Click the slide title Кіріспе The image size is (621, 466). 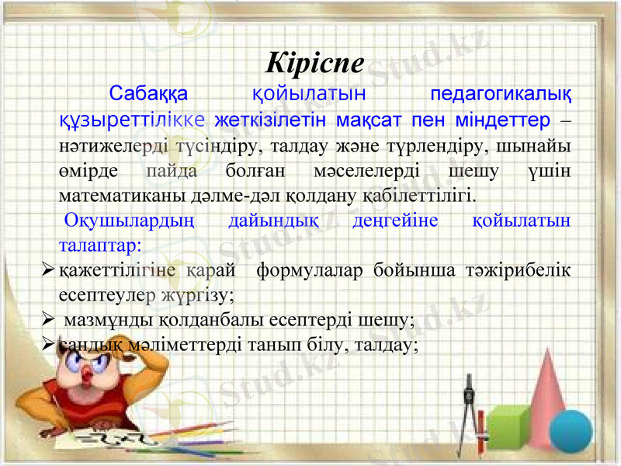pos(314,64)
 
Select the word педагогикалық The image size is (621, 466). pos(501,96)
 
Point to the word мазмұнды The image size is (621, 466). pos(110,319)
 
